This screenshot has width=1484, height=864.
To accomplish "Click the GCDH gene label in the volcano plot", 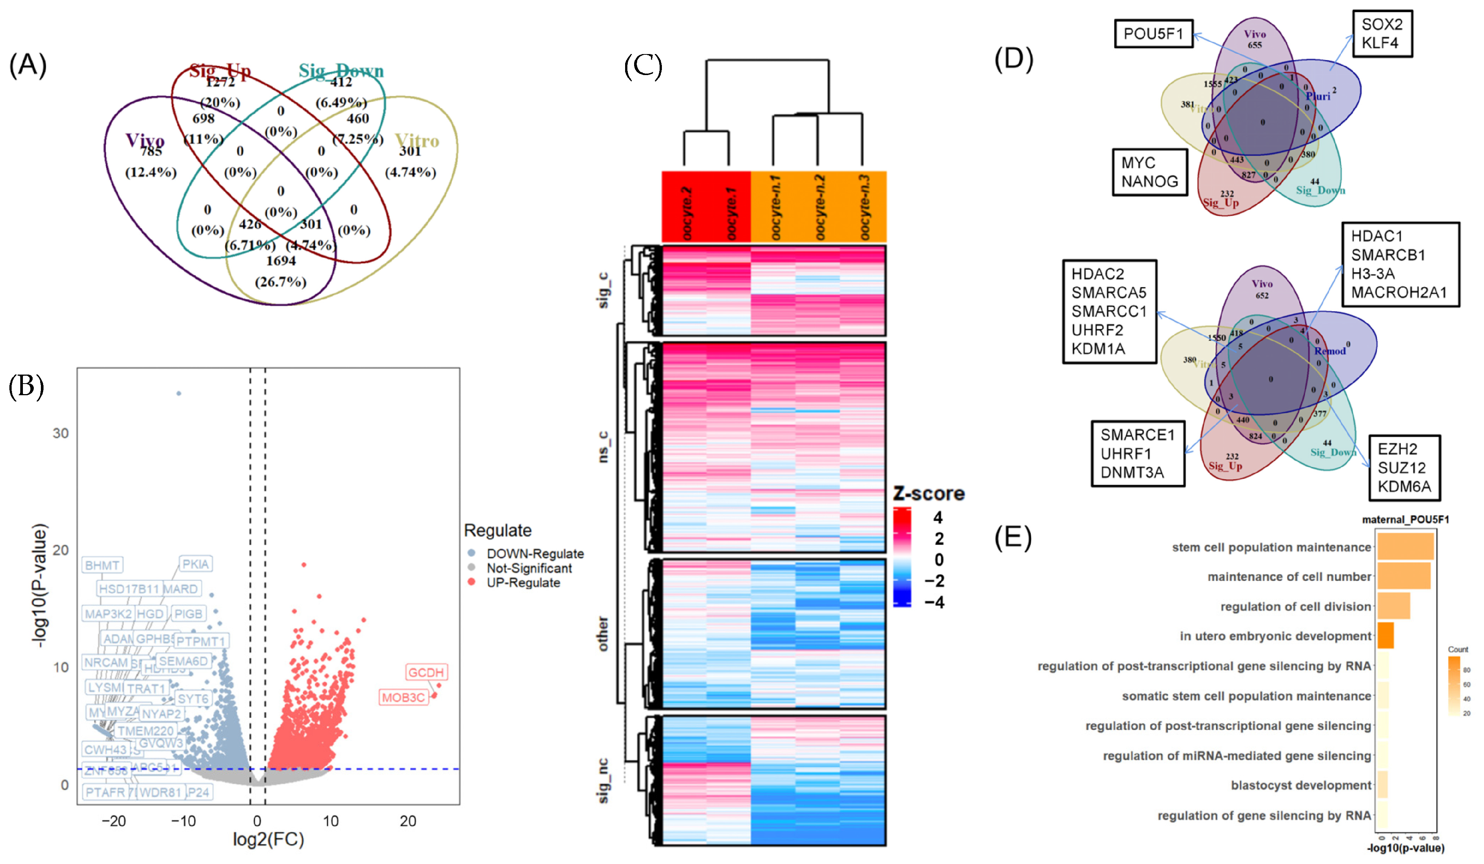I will click(426, 672).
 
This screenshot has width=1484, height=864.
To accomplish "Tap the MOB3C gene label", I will click(403, 697).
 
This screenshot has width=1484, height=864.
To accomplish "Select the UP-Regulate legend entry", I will click(523, 583).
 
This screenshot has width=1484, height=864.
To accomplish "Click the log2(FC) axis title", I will click(269, 839).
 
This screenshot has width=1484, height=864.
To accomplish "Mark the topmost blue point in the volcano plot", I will click(179, 393).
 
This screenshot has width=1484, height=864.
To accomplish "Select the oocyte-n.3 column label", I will click(864, 207).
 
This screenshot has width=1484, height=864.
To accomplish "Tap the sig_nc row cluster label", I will click(603, 780).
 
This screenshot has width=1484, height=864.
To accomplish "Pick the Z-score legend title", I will click(929, 493).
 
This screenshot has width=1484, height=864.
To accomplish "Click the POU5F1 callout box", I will click(1153, 33).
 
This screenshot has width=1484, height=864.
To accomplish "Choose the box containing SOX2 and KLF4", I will click(1382, 33).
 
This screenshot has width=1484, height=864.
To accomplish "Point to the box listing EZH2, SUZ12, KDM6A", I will click(1404, 468).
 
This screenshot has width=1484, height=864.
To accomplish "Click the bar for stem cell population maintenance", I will click(1405, 546).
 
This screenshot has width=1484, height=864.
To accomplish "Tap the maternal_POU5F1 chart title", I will click(1405, 519).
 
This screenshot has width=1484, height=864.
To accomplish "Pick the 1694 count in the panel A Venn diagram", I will click(281, 261).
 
